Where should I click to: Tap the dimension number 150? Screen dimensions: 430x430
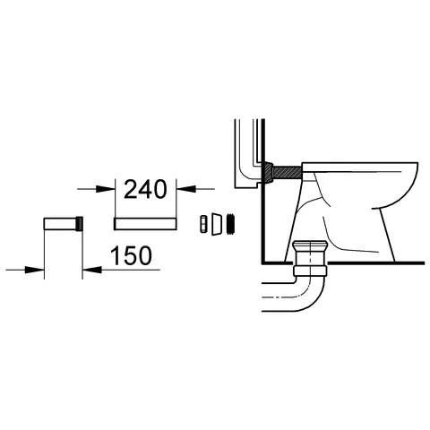pos(130,255)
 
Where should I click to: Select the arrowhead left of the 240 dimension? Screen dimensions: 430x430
pos(112,189)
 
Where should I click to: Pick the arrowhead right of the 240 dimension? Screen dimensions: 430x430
pos(185,189)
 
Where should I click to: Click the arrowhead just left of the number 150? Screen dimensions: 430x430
pos(90,268)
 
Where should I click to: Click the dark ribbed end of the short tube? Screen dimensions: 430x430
pos(82,222)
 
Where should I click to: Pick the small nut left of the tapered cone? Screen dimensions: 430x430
pos(203,221)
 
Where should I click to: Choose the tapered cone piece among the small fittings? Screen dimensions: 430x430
pos(216,221)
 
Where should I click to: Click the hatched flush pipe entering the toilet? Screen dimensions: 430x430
pos(287,170)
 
